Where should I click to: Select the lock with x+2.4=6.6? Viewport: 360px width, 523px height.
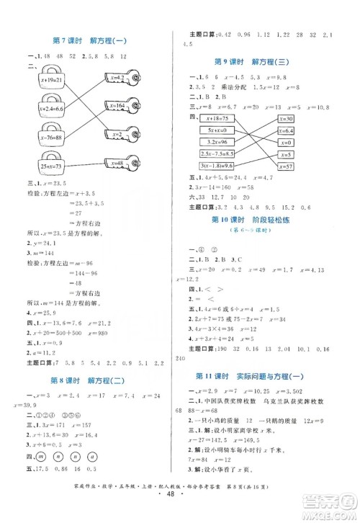pos(43,108)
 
